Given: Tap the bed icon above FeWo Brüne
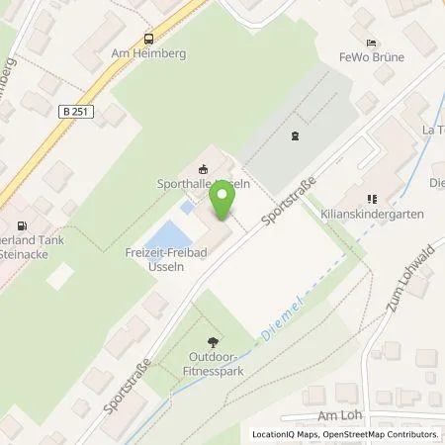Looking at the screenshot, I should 372,44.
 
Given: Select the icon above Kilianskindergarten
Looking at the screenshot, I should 375,198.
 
